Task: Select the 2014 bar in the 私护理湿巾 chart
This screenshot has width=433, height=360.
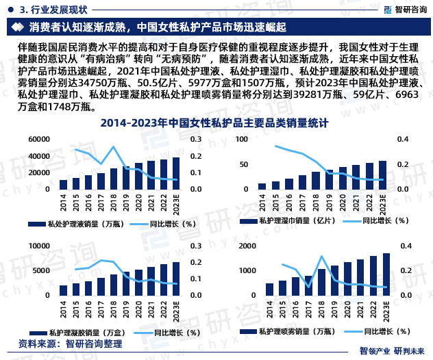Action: click(262, 186)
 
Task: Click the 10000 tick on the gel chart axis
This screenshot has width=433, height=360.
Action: click(40, 245)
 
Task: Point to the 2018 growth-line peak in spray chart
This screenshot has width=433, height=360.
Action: click(321, 257)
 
